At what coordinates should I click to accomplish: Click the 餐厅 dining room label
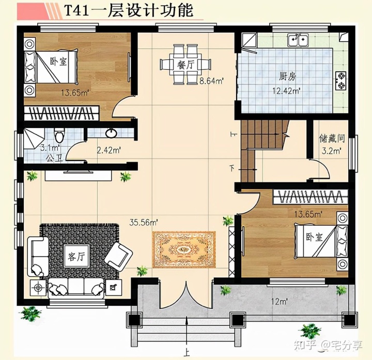185,65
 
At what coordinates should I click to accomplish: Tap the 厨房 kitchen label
287,76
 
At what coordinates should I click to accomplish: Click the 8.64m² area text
211,81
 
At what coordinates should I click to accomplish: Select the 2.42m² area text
109,151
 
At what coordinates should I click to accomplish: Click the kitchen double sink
298,39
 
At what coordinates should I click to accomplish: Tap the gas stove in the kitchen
341,79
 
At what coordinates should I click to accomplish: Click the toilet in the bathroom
60,136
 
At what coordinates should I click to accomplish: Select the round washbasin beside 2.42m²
111,133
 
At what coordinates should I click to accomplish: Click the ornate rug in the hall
184,249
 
